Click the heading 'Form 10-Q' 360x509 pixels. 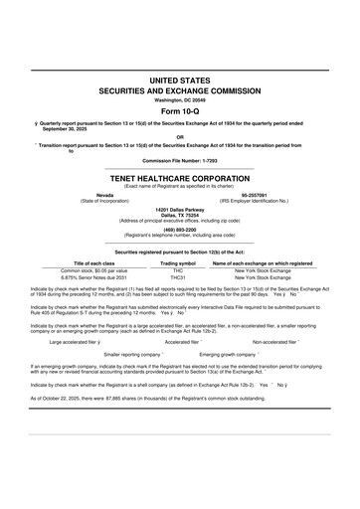[179, 110]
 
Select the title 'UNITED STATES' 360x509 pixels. [179, 78]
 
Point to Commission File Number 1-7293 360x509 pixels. [179, 160]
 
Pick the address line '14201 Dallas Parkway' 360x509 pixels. [179, 209]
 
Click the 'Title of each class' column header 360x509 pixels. [94, 262]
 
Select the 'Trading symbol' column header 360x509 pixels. [178, 262]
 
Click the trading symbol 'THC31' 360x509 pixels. [178, 277]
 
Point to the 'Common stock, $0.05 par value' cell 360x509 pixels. [94, 269]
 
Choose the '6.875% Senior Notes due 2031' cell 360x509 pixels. [94, 277]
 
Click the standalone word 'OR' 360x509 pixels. [179, 137]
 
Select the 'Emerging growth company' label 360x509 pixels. [229, 353]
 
